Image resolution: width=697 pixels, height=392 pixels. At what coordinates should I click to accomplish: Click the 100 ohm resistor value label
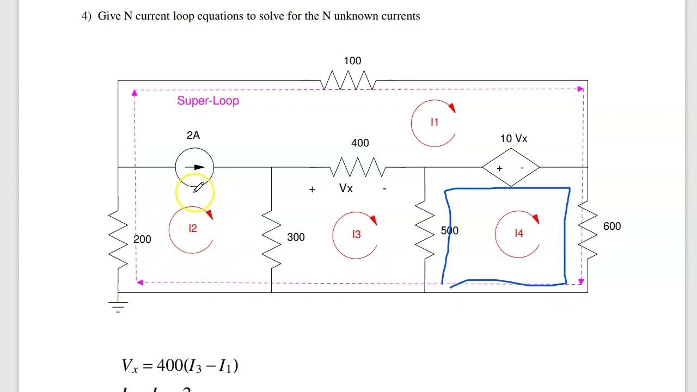pos(352,60)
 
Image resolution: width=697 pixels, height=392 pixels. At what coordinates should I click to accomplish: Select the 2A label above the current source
pos(193,135)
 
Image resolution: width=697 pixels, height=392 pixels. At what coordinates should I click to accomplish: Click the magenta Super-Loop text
pos(208,101)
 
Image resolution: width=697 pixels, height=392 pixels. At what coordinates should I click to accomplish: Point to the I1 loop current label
pos(434,122)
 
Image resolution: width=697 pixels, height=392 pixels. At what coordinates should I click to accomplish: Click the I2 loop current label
pos(192,229)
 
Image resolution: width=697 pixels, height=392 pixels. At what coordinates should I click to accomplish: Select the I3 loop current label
pos(356,235)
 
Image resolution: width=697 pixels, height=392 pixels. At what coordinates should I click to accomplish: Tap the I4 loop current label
pos(518,234)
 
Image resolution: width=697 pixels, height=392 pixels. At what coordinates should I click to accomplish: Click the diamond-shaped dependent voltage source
pos(510,168)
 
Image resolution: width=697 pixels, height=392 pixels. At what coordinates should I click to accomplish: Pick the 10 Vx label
pos(513,139)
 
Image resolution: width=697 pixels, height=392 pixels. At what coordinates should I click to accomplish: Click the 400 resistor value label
pos(360,143)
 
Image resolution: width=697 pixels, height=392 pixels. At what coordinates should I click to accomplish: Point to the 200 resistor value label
pos(142,239)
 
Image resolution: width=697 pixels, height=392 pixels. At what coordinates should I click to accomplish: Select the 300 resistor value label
pos(296,237)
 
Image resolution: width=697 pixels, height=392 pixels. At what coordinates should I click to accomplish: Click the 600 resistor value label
pos(612,226)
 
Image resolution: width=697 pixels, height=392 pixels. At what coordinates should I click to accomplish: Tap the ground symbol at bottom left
pos(118,305)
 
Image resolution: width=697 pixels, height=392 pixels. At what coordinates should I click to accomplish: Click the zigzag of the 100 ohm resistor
pos(348,81)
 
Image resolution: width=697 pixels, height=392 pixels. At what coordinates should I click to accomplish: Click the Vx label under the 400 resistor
pos(346,188)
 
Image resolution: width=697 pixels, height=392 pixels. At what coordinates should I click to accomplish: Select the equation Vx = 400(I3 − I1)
pos(180,365)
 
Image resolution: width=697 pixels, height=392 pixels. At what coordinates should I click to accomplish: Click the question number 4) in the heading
pos(87,16)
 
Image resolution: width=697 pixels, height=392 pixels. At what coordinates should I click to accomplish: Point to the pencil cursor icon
pos(198,187)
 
